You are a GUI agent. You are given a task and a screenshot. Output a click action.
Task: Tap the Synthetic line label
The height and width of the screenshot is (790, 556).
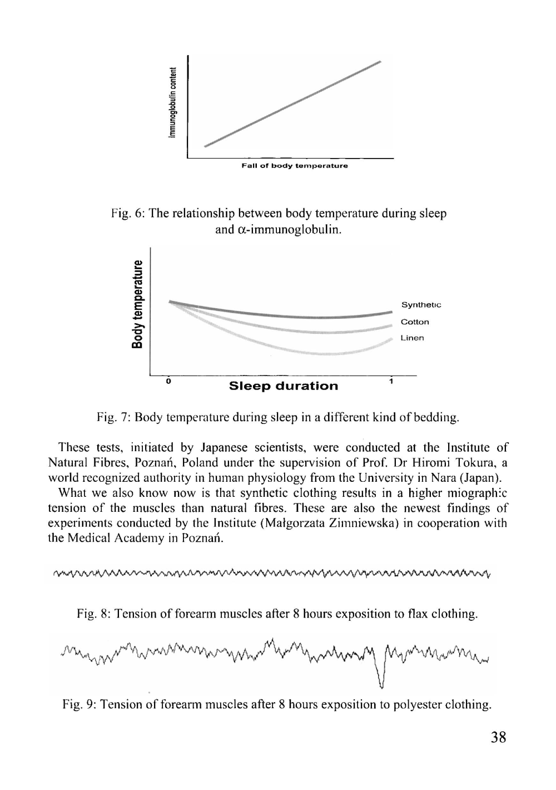421,305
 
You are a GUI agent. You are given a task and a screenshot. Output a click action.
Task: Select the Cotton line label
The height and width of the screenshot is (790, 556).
415,322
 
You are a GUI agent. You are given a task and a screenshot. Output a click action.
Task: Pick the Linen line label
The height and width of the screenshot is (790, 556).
412,338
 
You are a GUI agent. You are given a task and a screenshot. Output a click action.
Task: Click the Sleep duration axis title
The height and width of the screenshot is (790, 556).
284,386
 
